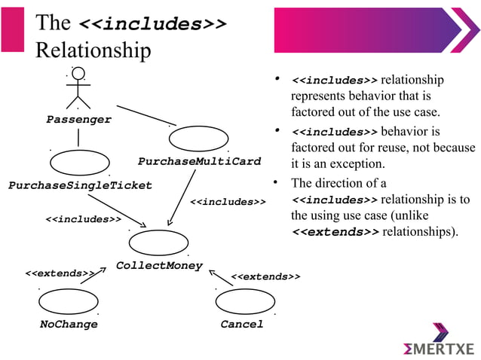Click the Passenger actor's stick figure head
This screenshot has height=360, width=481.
click(x=78, y=76)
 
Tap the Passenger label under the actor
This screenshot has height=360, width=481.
click(x=78, y=120)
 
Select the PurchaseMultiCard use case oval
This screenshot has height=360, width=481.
click(x=198, y=139)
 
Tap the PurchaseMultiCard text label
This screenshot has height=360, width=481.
click(x=199, y=162)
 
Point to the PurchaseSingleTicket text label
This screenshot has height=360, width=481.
click(x=80, y=185)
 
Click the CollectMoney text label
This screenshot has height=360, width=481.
click(x=159, y=265)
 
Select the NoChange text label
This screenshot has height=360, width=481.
click(x=69, y=325)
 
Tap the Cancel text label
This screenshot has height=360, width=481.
click(x=242, y=325)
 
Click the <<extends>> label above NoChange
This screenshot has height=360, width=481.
click(x=60, y=273)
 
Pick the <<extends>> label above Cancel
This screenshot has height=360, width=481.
click(x=265, y=277)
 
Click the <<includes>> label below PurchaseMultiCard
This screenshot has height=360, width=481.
click(x=227, y=202)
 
